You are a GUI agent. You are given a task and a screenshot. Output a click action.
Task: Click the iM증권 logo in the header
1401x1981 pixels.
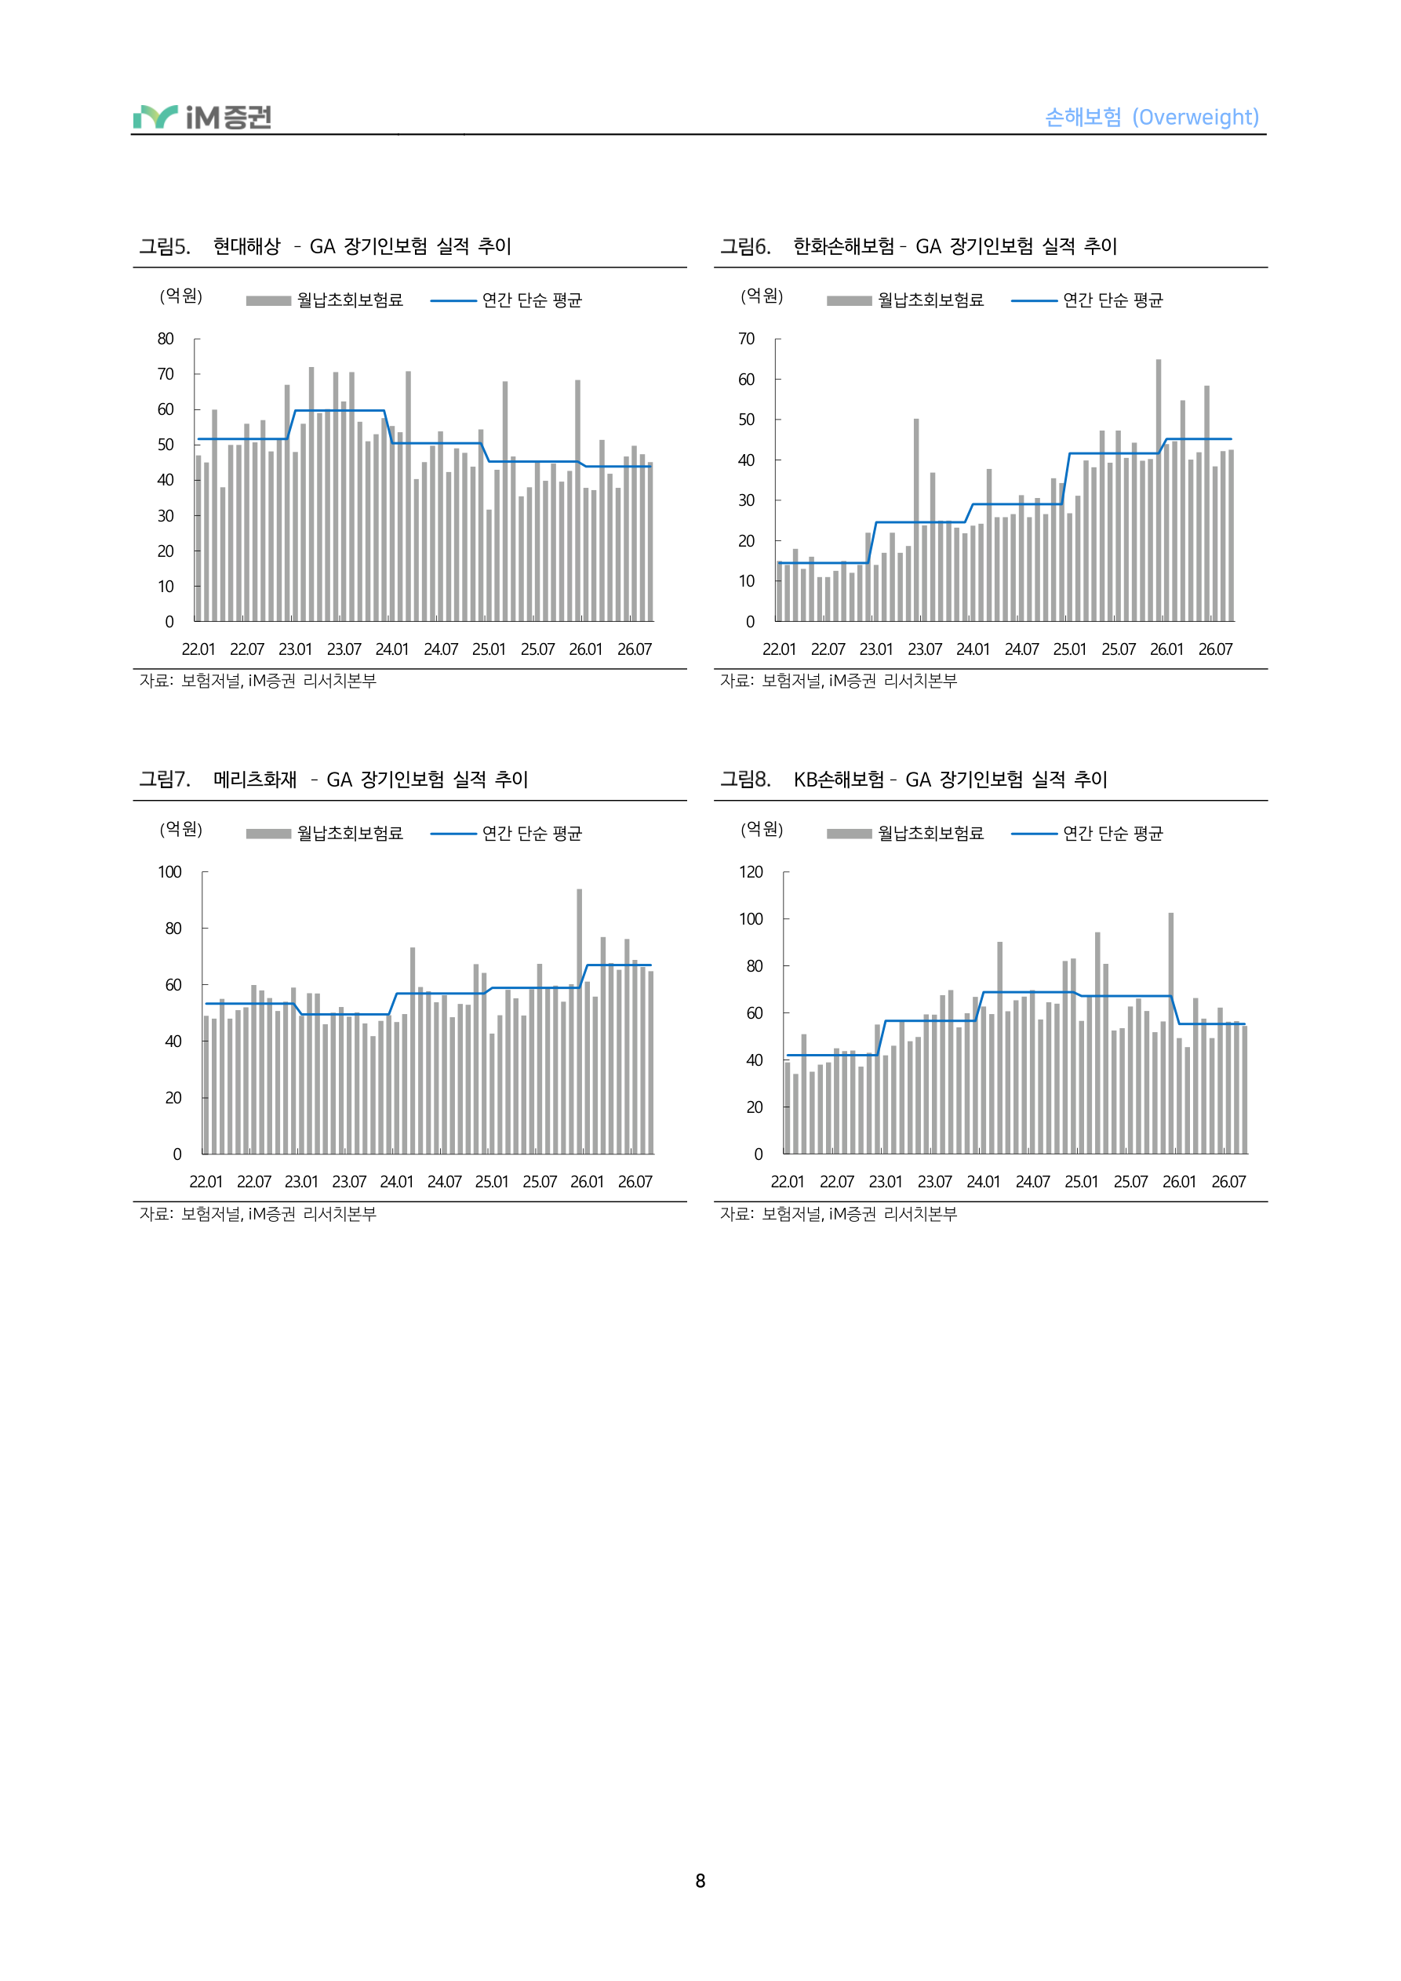click(x=202, y=117)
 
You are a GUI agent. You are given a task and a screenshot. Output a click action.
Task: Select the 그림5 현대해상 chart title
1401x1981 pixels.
click(x=326, y=247)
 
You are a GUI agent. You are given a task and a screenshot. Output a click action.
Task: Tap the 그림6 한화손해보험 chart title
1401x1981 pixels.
click(x=919, y=247)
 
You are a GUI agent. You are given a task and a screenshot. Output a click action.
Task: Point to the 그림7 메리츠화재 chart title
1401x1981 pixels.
click(x=333, y=780)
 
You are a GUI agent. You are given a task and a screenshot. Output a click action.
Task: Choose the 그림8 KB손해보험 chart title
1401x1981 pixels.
click(x=913, y=780)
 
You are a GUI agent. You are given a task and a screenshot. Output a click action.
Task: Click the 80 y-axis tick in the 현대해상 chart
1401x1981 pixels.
click(x=166, y=339)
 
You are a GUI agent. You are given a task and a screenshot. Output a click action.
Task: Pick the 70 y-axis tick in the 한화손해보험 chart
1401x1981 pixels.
click(x=747, y=339)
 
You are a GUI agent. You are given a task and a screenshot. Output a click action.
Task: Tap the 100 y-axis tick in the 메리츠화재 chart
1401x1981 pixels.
click(x=170, y=872)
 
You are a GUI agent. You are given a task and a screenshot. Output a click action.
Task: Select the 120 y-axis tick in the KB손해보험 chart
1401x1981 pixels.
click(x=751, y=872)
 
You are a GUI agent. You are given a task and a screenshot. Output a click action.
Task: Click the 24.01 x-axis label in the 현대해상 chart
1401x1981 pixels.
click(x=392, y=649)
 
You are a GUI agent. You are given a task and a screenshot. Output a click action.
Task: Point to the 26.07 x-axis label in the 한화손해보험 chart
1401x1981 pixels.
click(x=1215, y=649)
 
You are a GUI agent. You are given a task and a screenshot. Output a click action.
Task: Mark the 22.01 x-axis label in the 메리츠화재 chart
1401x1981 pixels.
click(x=206, y=1182)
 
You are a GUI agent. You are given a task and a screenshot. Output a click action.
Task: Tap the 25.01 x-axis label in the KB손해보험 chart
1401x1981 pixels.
click(x=1082, y=1182)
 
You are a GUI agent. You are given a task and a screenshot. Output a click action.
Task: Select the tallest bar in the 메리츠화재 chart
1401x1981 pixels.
click(x=579, y=1022)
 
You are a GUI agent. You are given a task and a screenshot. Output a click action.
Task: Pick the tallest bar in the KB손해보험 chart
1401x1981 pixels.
click(x=1171, y=1034)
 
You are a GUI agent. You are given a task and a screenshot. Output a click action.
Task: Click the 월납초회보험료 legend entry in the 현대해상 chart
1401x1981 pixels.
click(x=325, y=300)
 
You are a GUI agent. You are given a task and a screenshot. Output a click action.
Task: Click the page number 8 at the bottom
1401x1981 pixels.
click(x=700, y=1881)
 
